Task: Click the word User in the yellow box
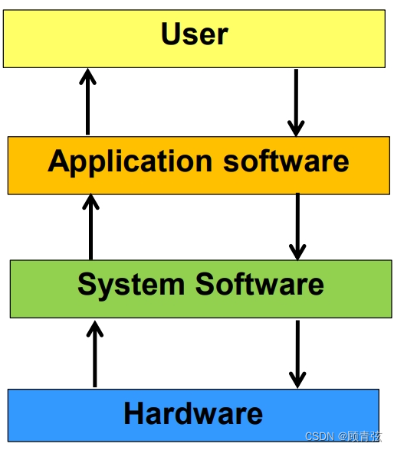click(x=195, y=34)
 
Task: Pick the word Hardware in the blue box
click(x=193, y=414)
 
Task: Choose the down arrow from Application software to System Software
click(x=297, y=227)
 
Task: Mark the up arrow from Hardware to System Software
click(x=94, y=354)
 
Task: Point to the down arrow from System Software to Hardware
click(x=297, y=354)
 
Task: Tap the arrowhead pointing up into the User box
click(x=88, y=76)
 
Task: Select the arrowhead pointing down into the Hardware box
click(x=297, y=379)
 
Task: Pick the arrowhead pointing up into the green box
click(x=94, y=329)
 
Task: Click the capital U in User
click(x=172, y=34)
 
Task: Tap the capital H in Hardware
click(x=134, y=414)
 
